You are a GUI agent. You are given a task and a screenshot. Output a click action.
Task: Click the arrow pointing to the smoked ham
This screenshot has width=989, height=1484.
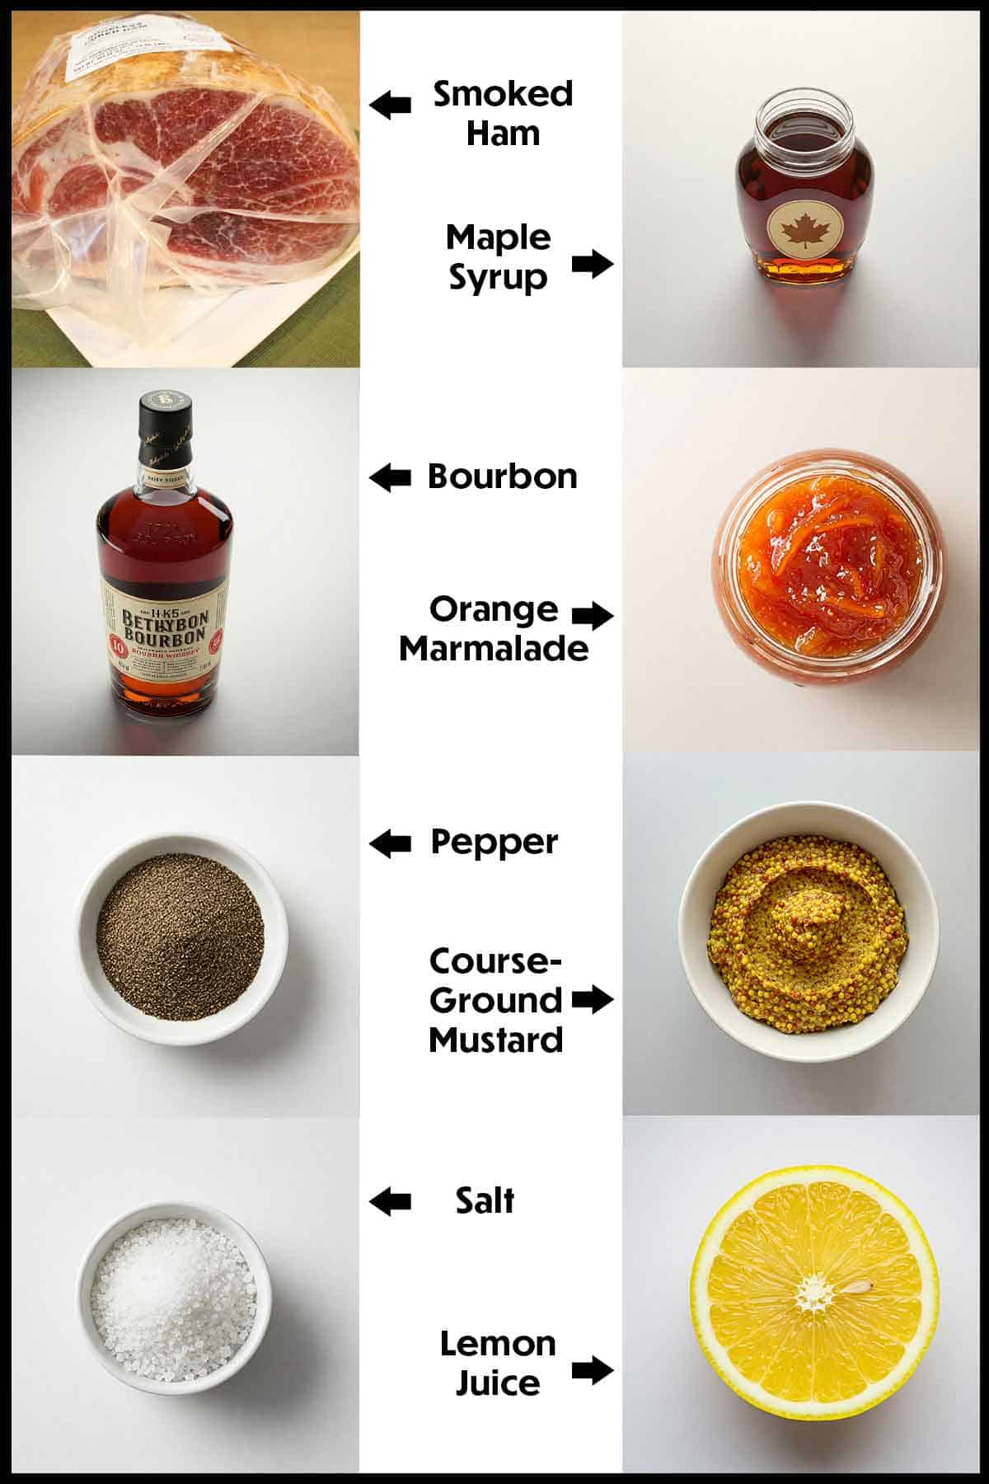390,105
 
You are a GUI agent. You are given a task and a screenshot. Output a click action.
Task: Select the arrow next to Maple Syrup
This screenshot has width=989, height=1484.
593,264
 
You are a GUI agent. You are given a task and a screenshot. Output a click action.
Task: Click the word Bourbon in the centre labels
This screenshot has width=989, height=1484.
502,477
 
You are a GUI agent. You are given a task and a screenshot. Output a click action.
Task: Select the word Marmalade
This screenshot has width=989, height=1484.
494,649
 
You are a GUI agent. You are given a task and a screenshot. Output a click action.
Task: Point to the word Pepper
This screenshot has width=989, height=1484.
494,843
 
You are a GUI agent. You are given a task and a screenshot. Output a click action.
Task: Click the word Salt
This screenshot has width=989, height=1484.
485,1200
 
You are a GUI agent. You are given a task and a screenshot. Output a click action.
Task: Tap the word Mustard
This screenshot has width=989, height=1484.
496,1040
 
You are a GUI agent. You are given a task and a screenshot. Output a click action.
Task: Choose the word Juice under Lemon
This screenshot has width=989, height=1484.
498,1383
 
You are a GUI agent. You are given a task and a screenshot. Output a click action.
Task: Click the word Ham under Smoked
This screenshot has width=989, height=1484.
503,133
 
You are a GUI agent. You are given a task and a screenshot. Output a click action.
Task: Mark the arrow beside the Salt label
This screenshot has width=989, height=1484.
390,1201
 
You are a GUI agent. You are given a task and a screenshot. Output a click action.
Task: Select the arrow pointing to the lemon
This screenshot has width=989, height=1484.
593,1370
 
